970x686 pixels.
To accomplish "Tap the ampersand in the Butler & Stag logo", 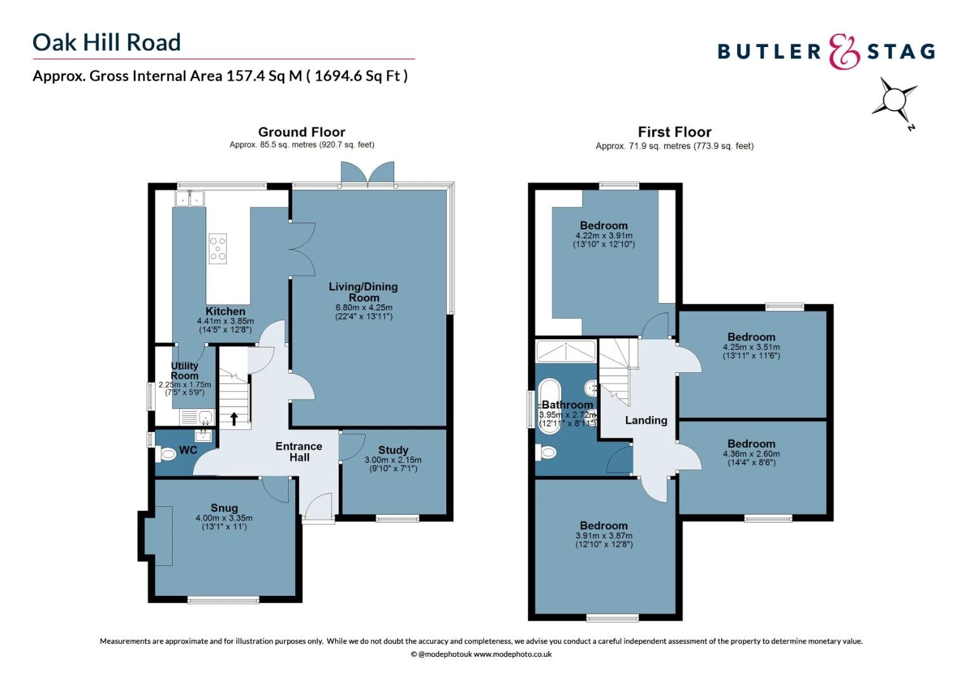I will click(844, 52).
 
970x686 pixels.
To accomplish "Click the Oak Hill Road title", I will click(107, 43).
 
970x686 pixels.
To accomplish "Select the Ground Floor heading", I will click(302, 132).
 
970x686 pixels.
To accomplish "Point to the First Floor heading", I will click(674, 132).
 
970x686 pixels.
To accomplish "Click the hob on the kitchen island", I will click(218, 248).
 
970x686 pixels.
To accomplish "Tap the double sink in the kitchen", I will click(190, 199).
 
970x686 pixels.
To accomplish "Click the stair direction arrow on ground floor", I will click(234, 419).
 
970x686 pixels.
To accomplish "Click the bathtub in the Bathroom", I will click(548, 407).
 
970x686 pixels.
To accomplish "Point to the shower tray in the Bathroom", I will click(566, 351).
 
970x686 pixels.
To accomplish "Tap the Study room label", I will click(393, 450).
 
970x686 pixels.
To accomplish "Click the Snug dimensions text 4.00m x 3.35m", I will click(223, 518).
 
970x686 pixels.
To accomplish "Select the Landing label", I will click(646, 420).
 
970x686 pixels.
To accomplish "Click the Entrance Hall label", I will click(299, 452).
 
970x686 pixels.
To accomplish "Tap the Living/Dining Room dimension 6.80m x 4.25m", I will click(364, 307).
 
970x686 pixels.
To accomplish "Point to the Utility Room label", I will click(184, 370).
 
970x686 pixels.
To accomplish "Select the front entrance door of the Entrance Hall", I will click(318, 508).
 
